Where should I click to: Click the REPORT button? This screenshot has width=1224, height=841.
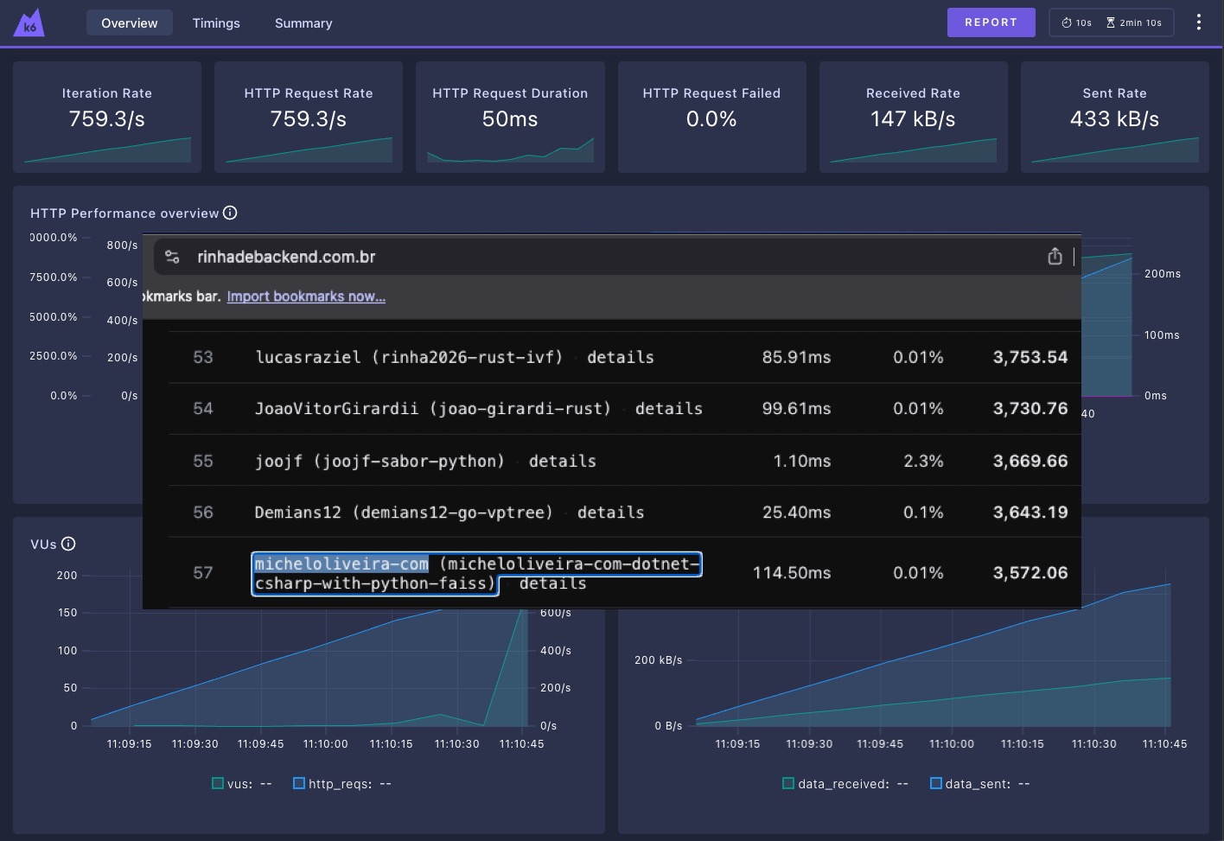tap(991, 22)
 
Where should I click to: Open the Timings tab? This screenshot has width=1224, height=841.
tap(216, 23)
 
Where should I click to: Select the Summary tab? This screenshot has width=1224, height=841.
tap(303, 23)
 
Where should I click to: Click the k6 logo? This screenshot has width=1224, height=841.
tap(29, 23)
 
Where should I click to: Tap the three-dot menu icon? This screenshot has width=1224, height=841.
tap(1198, 22)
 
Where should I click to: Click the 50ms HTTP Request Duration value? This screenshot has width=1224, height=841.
tap(510, 118)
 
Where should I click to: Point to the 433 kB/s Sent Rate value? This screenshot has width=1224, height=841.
tap(1114, 118)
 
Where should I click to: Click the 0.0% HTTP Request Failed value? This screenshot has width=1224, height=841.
tap(711, 118)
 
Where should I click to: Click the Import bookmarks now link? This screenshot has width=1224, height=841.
tap(306, 296)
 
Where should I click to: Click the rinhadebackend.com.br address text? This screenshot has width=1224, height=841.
tap(286, 257)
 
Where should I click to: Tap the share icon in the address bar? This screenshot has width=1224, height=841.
tap(1055, 257)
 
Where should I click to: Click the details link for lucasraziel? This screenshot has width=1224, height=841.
tap(620, 357)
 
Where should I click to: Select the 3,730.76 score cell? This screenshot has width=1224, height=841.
tap(1030, 408)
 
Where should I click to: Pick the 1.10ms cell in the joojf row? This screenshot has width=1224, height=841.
tap(801, 461)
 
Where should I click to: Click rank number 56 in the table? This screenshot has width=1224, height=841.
tap(203, 512)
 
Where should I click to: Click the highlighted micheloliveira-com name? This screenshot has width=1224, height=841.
tap(341, 564)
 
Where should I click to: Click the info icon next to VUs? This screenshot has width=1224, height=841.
tap(68, 544)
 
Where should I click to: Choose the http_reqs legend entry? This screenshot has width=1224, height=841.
tap(342, 784)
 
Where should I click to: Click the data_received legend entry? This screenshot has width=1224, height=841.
tap(845, 784)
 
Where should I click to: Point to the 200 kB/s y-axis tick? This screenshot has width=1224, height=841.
tap(658, 660)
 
